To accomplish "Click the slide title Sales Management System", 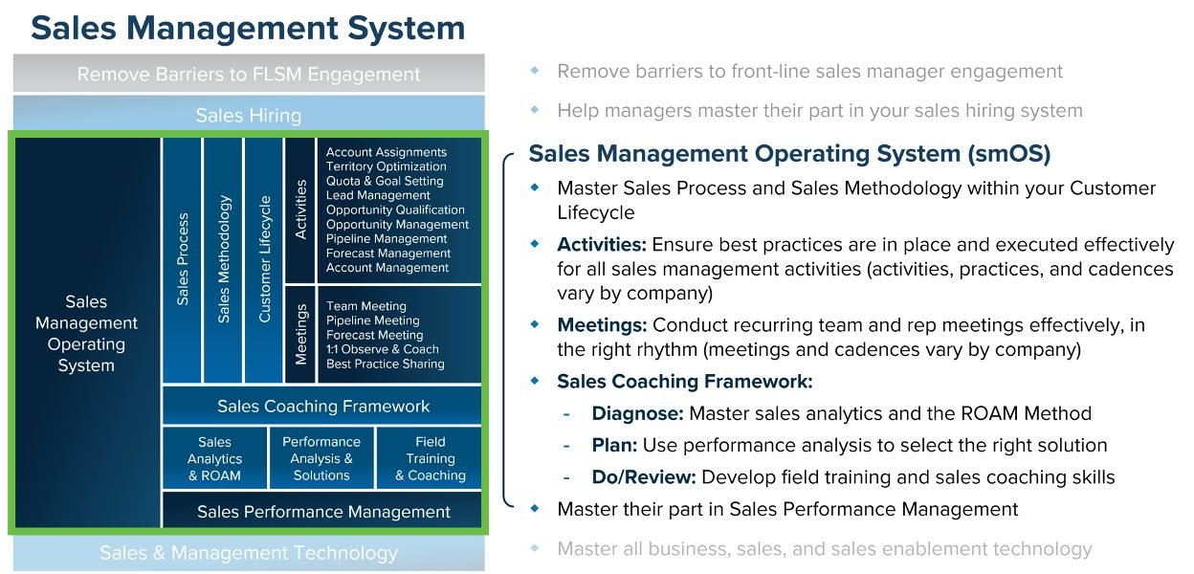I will [248, 28].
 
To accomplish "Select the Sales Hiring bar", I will [248, 116].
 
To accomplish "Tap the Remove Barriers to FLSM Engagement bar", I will [248, 74].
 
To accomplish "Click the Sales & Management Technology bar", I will [248, 553].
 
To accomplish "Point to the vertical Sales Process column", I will [183, 259].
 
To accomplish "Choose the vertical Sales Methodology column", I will [224, 259].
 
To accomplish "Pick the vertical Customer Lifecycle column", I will [265, 259].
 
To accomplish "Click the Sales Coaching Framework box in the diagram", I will [322, 407].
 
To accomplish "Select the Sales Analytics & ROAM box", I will [214, 458].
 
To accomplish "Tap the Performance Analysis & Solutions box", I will [321, 458].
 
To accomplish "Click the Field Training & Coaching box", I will [430, 458].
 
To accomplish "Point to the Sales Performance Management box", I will [322, 512].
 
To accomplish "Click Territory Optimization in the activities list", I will [386, 166].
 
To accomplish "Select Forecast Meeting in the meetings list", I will [374, 335].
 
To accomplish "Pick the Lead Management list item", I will [378, 195].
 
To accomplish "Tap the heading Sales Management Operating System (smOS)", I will [789, 154].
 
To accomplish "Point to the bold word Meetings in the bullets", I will [602, 326].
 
